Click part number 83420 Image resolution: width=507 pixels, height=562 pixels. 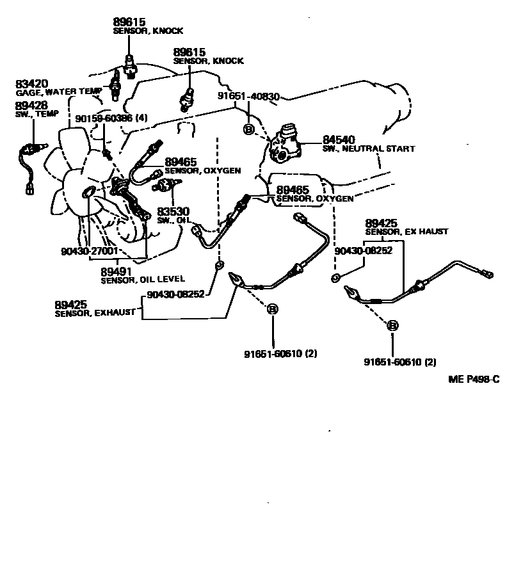[x=31, y=84]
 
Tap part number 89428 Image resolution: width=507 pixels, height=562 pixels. [x=31, y=105]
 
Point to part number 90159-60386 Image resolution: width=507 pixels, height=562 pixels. [x=102, y=118]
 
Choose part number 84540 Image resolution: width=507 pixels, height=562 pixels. [x=339, y=140]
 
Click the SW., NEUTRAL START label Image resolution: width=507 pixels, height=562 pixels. [x=368, y=149]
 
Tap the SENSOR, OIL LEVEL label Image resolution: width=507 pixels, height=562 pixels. [x=143, y=279]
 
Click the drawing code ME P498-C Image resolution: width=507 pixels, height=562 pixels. [x=473, y=380]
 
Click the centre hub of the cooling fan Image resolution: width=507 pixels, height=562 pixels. [x=89, y=191]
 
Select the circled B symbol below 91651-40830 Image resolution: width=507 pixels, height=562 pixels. [x=249, y=130]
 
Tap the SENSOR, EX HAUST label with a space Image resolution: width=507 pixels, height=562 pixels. [x=406, y=232]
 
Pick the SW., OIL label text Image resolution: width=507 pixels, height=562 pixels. [x=173, y=220]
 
